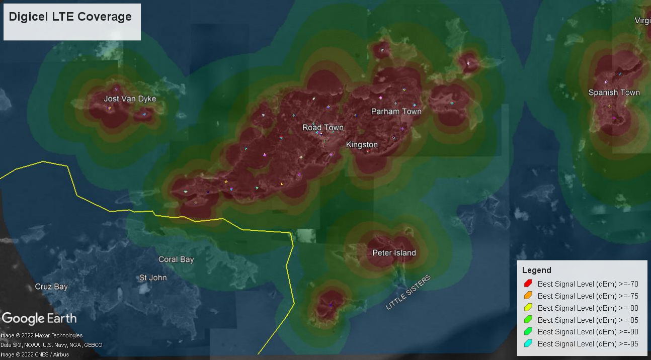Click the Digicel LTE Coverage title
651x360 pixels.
[x=70, y=17]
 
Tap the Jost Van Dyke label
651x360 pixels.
[x=130, y=99]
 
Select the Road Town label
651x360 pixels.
[x=322, y=128]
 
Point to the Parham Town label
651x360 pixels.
[x=396, y=111]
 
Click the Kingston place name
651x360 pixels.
[x=362, y=145]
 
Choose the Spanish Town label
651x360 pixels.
[x=614, y=93]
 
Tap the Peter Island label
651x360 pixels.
[x=394, y=253]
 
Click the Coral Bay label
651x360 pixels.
[x=176, y=259]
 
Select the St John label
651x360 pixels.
[x=153, y=278]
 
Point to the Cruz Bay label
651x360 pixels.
[x=51, y=287]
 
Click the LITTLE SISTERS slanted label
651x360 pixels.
[x=409, y=293]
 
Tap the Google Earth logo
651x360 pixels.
[x=39, y=318]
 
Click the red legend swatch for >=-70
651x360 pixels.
[x=528, y=284]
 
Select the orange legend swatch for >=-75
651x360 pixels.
[x=528, y=296]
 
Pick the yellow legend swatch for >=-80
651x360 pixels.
[x=528, y=308]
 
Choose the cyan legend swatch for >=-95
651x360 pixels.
[x=528, y=344]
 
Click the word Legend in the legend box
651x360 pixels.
[x=536, y=271]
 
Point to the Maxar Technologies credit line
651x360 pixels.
[x=41, y=335]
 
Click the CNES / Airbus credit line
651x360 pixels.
[x=35, y=354]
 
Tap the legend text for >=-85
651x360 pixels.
[x=588, y=320]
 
